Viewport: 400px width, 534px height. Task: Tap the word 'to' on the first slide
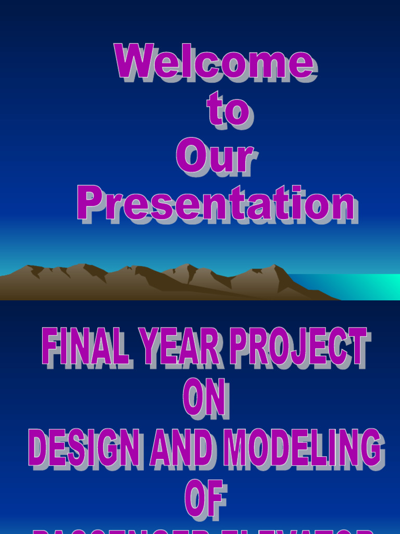[228, 110]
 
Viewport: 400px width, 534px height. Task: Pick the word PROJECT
[299, 347]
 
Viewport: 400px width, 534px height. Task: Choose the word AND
[181, 448]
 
